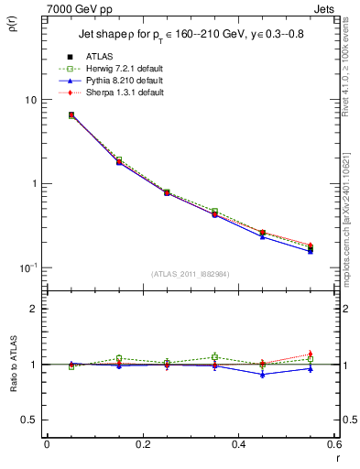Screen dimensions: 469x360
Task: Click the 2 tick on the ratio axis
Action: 34,309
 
